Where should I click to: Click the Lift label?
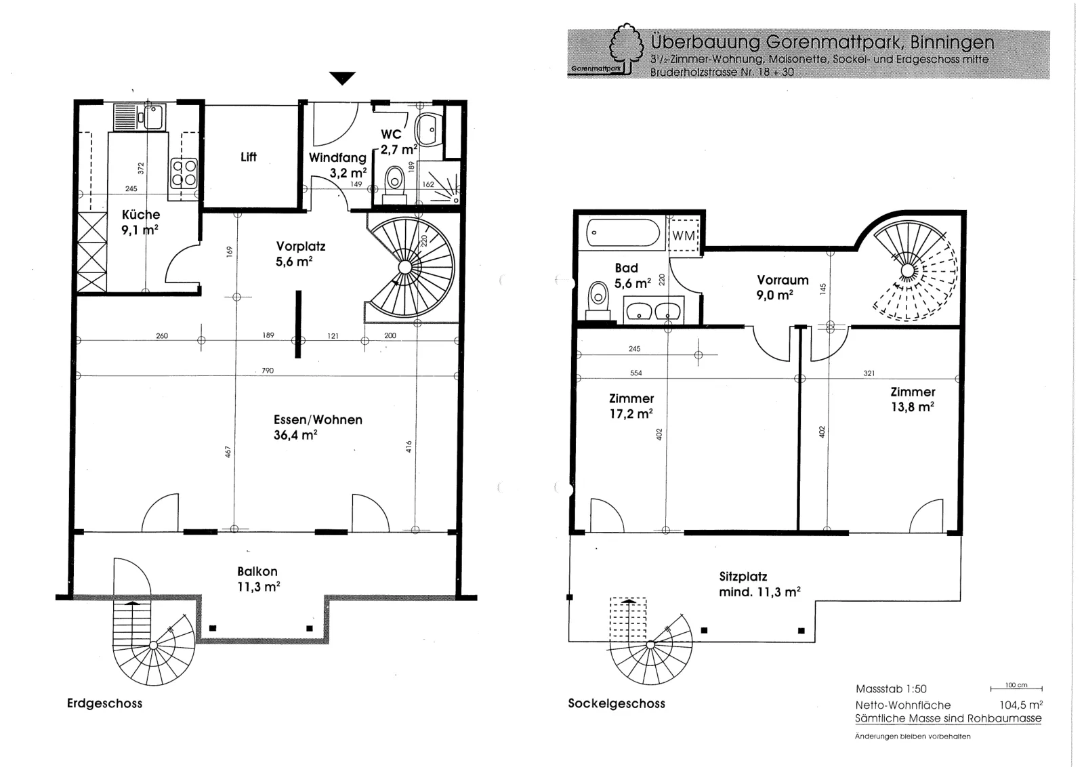[x=248, y=157]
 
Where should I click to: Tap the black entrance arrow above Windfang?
[x=342, y=78]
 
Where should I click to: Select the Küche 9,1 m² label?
[x=140, y=222]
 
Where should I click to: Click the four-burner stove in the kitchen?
[x=184, y=173]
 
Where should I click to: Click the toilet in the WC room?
[x=395, y=185]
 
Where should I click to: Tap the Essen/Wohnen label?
[x=318, y=419]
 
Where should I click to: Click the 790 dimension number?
[x=268, y=371]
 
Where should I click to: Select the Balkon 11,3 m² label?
[x=258, y=579]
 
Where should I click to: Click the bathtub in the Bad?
[x=623, y=233]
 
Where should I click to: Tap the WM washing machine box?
[x=684, y=235]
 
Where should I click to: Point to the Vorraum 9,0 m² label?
[x=782, y=287]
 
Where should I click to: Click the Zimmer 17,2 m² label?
[x=631, y=406]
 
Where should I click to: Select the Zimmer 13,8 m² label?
[x=913, y=399]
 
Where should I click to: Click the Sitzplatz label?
[x=743, y=577]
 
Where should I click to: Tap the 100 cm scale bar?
[x=1016, y=688]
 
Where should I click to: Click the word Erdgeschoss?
[x=104, y=703]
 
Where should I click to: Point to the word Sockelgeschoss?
[x=617, y=703]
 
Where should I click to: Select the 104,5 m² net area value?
[x=1021, y=705]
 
